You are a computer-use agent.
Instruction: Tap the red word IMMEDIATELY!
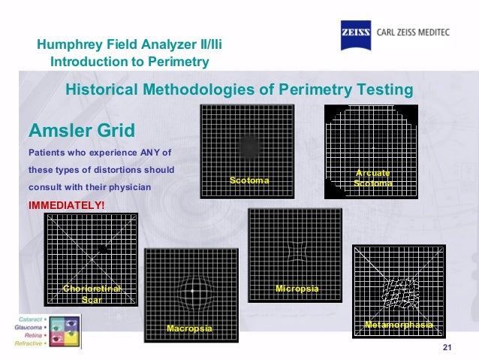[x=66, y=204]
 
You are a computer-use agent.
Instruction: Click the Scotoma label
[x=249, y=181]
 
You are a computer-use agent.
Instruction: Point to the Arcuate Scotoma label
[x=372, y=178]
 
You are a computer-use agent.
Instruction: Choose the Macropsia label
[x=189, y=329]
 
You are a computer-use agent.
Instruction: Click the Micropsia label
[x=297, y=289]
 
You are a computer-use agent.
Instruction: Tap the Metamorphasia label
[x=399, y=325]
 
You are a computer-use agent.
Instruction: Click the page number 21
[x=449, y=346]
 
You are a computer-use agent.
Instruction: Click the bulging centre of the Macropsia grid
[x=192, y=290]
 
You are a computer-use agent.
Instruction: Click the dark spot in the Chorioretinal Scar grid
[x=103, y=248]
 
